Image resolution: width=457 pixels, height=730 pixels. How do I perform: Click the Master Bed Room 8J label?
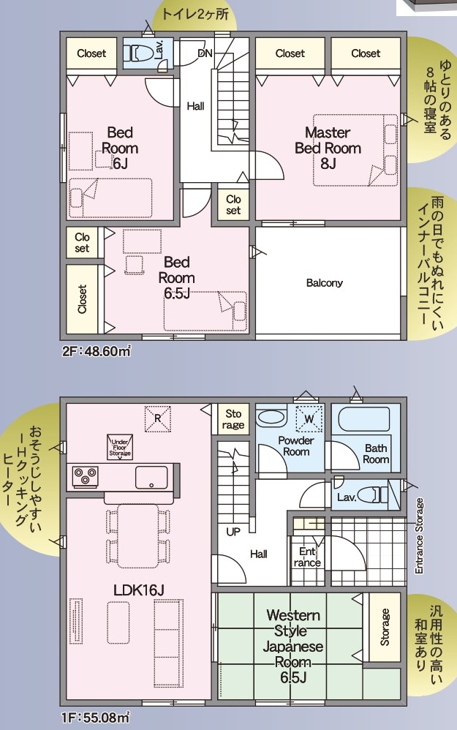coord(328,148)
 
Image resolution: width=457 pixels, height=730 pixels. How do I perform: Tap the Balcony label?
coord(325,282)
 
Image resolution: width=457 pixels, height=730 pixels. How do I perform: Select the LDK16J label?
coord(139,590)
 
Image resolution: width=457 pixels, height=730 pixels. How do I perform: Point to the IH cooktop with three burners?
coord(85,477)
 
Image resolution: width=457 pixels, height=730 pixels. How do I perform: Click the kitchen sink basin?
coord(151,477)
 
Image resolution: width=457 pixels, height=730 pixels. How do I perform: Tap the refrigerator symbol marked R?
coord(157,418)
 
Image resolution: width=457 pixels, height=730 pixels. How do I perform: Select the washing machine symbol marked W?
coord(309,418)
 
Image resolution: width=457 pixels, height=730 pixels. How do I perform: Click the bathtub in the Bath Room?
coord(363,419)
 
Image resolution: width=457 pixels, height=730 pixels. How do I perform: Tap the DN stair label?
coord(205,53)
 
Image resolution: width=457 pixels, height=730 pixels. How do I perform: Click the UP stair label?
coord(233,531)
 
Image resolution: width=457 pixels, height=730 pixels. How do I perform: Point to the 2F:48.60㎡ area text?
coord(97,351)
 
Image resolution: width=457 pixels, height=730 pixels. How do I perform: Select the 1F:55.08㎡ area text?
coord(96,718)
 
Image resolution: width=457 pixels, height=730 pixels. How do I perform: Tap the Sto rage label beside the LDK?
coord(233,419)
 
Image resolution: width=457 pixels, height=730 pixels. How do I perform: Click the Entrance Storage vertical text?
coord(419,536)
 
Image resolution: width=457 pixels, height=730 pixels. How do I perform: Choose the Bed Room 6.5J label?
coord(177,277)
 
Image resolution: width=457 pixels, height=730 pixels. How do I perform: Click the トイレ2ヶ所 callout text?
coord(195,14)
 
